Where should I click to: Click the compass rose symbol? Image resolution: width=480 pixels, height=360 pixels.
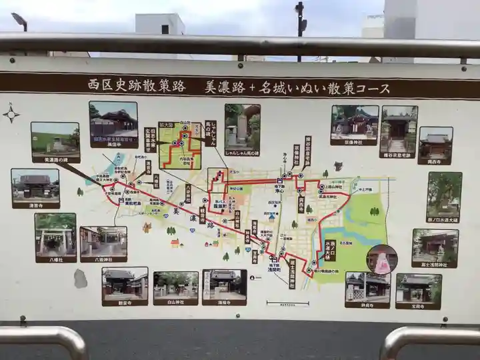pyautogui.click(x=11, y=113)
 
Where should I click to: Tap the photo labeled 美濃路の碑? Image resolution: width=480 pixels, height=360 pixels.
pyautogui.click(x=55, y=139)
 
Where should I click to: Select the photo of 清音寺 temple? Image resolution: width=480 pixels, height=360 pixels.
pyautogui.click(x=35, y=185)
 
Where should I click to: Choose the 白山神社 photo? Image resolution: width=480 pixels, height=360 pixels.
pyautogui.click(x=175, y=285)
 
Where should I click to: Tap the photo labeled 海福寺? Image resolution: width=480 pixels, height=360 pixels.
pyautogui.click(x=224, y=284)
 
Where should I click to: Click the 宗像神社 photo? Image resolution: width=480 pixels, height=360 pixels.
pyautogui.click(x=354, y=121)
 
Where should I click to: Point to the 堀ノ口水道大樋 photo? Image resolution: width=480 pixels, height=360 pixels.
pyautogui.click(x=444, y=194)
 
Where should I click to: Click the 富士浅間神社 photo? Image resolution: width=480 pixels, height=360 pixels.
pyautogui.click(x=435, y=245)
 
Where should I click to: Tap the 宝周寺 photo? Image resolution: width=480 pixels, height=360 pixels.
pyautogui.click(x=418, y=288)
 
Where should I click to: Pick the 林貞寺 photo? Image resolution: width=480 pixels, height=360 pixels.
pyautogui.click(x=367, y=287)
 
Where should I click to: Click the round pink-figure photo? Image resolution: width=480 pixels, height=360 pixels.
pyautogui.click(x=381, y=259)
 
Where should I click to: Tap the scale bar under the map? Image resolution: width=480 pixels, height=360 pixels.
pyautogui.click(x=287, y=303)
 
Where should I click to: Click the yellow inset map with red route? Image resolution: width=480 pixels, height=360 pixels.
pyautogui.click(x=179, y=145)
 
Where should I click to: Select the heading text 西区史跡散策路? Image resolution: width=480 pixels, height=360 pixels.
pyautogui.click(x=137, y=85)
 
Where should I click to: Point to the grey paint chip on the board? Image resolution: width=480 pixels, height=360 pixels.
pyautogui.click(x=81, y=279)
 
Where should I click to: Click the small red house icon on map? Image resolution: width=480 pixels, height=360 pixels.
pyautogui.click(x=175, y=243)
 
